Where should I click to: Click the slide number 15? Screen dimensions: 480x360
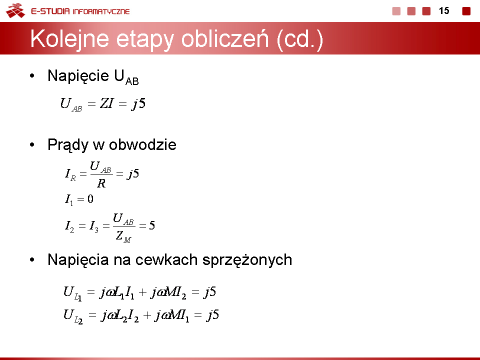coord(444,11)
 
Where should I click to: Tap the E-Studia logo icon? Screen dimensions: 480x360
coord(15,10)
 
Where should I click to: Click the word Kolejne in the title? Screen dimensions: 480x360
coord(69,39)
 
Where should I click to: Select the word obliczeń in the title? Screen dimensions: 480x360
coord(224,39)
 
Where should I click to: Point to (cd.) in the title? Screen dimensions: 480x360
coord(299,39)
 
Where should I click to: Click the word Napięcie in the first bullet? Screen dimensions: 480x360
coord(78,76)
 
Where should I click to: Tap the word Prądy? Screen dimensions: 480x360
coord(67,145)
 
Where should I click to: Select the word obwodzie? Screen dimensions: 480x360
coord(142,144)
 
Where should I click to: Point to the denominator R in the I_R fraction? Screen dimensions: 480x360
coord(101,183)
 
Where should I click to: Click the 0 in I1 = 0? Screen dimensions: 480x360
coord(90,199)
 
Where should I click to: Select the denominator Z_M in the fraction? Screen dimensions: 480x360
coord(123,236)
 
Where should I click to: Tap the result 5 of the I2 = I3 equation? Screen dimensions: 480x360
coord(152,225)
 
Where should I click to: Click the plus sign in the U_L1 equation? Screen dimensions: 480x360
coord(142,292)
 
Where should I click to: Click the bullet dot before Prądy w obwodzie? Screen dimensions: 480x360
coord(32,145)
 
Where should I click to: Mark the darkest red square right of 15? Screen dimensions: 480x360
coord(466,11)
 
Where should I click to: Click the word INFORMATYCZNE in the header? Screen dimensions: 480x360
coord(101,11)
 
